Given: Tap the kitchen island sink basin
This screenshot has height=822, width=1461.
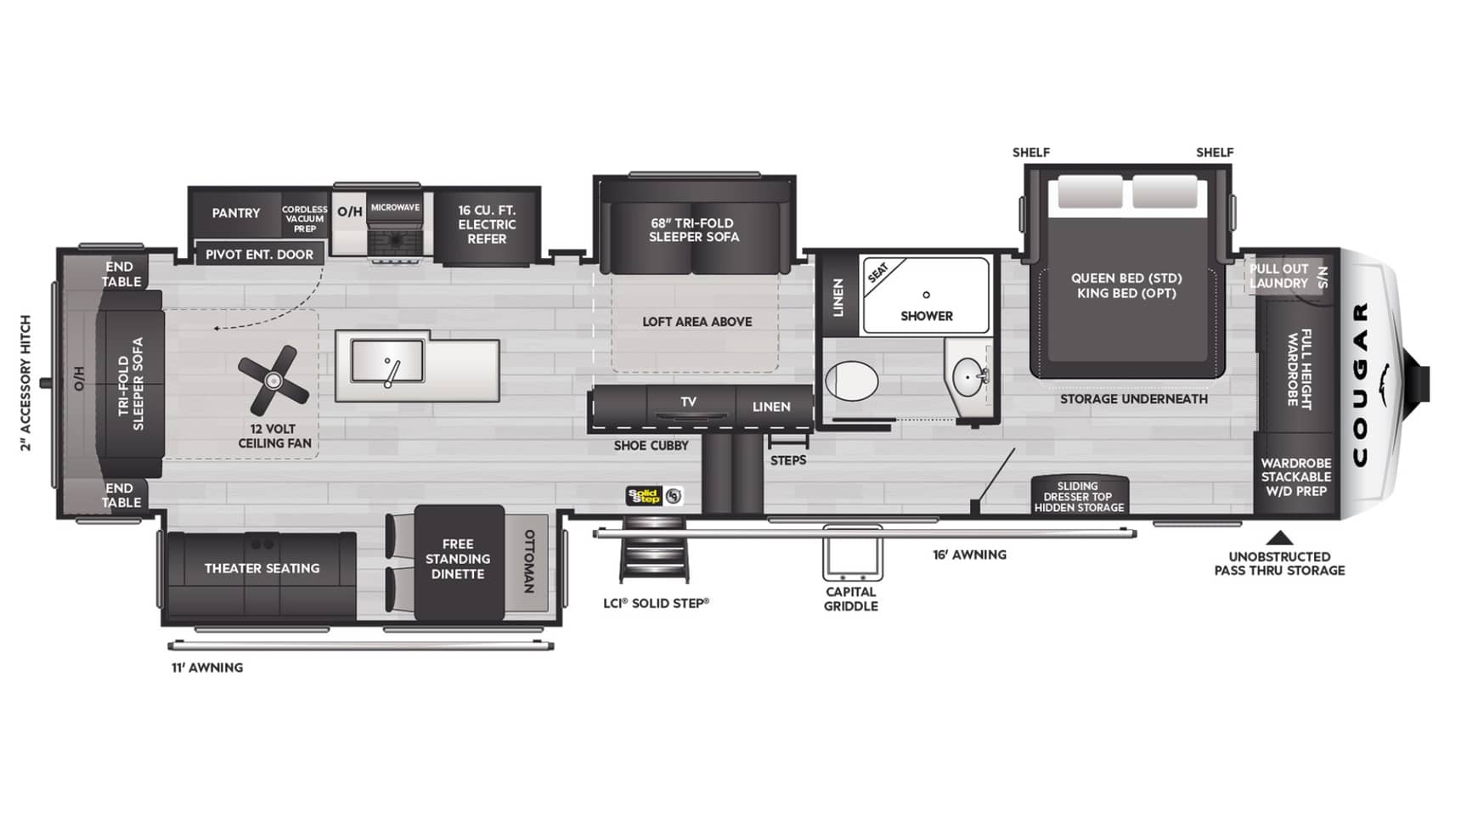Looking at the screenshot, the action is coord(387,361).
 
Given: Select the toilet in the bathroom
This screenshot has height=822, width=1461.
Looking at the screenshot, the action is coord(851,380).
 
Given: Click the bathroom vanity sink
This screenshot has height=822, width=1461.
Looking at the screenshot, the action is coord(969,376).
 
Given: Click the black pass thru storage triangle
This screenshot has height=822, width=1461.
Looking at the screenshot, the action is coord(1280,538).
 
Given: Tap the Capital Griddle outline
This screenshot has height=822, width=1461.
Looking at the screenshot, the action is coord(852,553).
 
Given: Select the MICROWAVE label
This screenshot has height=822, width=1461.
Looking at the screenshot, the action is coord(395,207).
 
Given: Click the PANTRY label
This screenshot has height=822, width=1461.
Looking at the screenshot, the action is coord(236,213).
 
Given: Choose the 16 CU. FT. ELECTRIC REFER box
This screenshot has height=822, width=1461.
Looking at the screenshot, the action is coord(487,225).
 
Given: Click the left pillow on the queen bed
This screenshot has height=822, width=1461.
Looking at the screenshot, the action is coord(1090,193).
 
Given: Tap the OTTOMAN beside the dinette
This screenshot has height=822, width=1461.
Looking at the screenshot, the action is coord(527,561).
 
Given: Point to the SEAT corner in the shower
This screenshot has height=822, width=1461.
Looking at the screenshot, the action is coord(879,273).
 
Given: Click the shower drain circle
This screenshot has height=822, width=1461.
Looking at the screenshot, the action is coord(926,295).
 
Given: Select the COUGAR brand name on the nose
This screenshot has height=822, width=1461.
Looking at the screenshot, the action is coord(1360,384).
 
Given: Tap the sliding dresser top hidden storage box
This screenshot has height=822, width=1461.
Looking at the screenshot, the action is coord(1079,495).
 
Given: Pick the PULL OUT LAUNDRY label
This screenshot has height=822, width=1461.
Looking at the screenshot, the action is coord(1278,276).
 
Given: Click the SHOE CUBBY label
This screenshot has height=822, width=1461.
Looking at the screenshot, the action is coord(652,446).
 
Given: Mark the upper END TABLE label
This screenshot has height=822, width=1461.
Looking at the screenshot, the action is coord(121,274).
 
